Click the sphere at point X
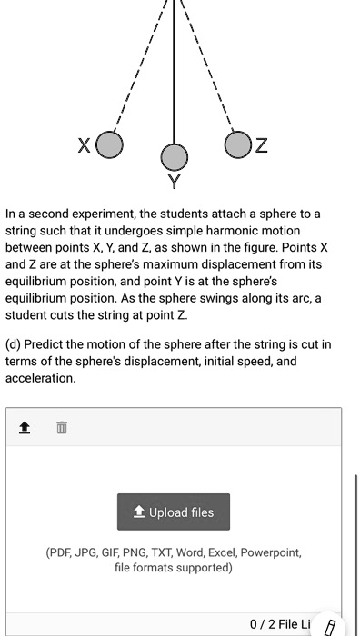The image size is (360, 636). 110,145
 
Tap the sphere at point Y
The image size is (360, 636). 173,156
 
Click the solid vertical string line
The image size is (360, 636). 173,73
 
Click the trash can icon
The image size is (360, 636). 61,427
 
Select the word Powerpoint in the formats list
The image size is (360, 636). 270,552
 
